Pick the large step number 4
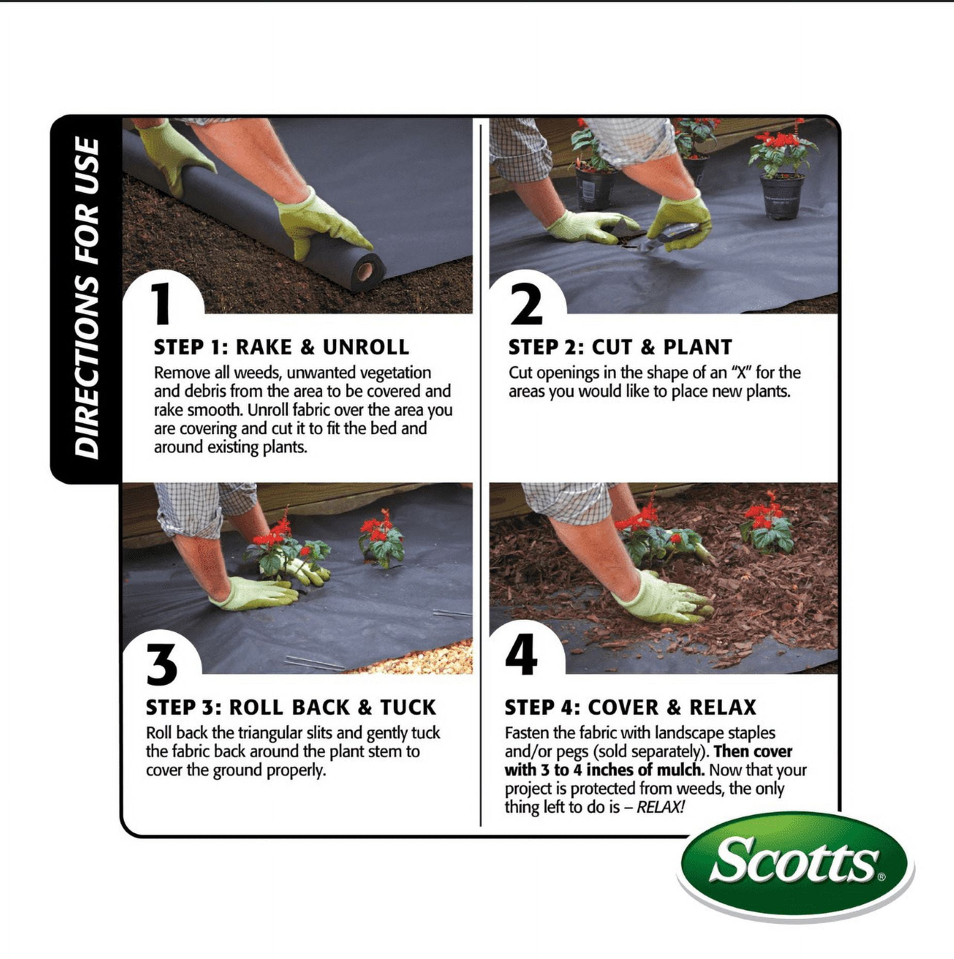pyautogui.click(x=521, y=654)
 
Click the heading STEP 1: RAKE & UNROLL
pyautogui.click(x=282, y=347)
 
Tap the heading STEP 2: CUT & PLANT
pyautogui.click(x=620, y=347)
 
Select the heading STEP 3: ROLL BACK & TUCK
pyautogui.click(x=291, y=707)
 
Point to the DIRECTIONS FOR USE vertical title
pyautogui.click(x=87, y=297)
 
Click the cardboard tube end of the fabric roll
pyautogui.click(x=366, y=270)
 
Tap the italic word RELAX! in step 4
pyautogui.click(x=661, y=807)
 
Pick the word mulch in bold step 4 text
pyautogui.click(x=681, y=770)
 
